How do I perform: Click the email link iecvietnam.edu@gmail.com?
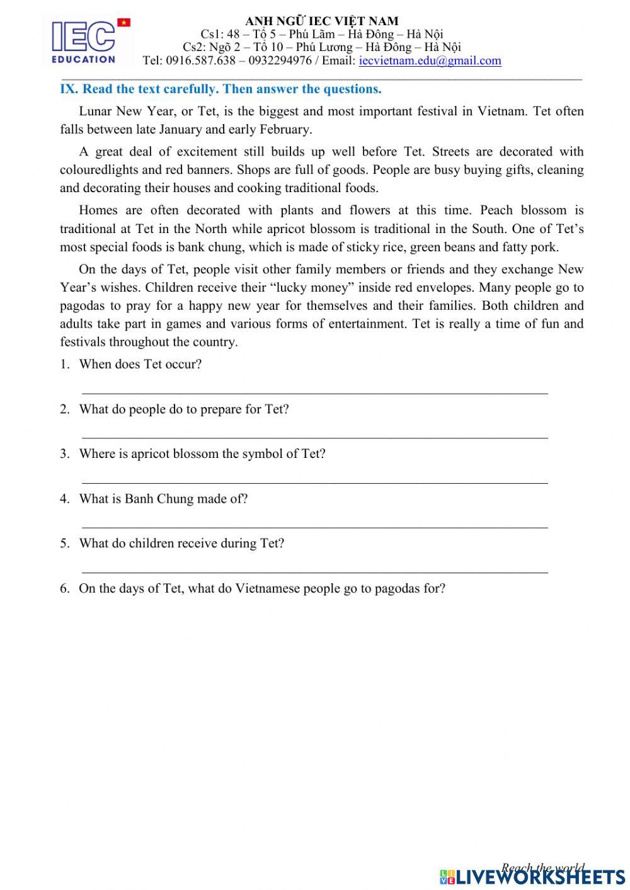tap(430, 60)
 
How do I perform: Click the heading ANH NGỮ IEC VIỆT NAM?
tap(321, 21)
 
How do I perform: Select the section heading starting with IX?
tap(220, 89)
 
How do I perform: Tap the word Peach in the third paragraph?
tap(497, 210)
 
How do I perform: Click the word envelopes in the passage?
tap(441, 288)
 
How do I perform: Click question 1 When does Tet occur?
tap(140, 364)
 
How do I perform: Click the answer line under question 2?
tap(315, 436)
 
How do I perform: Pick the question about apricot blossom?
tap(202, 454)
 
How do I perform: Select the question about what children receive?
tap(181, 543)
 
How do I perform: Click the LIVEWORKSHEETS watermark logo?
tap(532, 876)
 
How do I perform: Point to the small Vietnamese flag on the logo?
tap(124, 23)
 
